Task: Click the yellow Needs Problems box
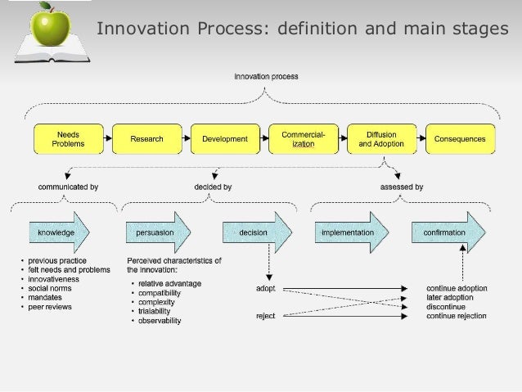pos(68,139)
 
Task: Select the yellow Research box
pos(146,139)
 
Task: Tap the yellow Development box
pos(225,139)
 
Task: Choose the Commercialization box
pos(304,139)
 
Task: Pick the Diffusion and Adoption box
pos(381,139)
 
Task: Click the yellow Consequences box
pos(460,139)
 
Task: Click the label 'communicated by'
pos(69,187)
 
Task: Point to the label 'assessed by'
pos(402,187)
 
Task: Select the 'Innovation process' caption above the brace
pos(266,77)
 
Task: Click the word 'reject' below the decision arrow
pos(265,316)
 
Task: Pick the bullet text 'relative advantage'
pos(169,284)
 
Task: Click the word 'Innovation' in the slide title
pos(144,30)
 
